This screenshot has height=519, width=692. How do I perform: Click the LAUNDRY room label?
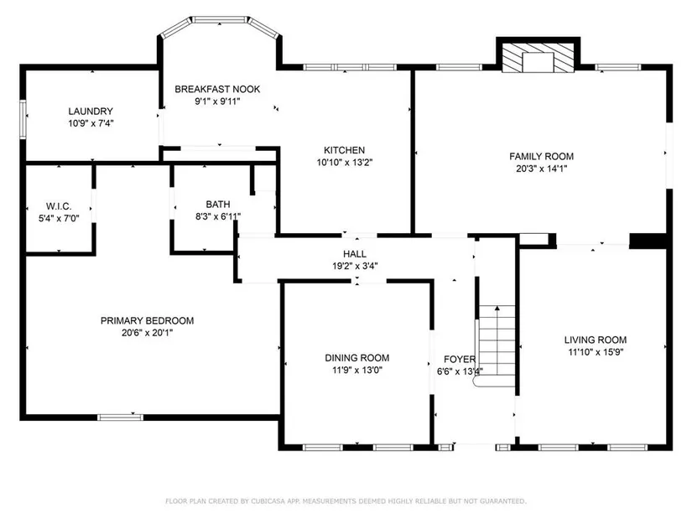click(x=91, y=112)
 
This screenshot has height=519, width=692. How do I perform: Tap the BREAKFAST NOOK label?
click(x=217, y=89)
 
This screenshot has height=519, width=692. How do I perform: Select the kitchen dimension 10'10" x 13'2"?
click(x=344, y=163)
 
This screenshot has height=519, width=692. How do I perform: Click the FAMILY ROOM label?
click(x=541, y=156)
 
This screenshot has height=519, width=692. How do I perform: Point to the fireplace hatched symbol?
click(x=538, y=57)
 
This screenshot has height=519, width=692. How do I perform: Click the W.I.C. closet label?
click(x=59, y=206)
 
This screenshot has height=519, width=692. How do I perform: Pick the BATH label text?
click(x=218, y=205)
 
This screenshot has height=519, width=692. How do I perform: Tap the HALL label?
click(x=355, y=254)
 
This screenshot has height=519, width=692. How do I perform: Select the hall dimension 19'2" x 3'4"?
click(x=355, y=266)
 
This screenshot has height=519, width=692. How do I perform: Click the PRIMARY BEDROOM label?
click(x=147, y=321)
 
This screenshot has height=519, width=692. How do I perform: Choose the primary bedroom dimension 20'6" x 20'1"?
click(x=147, y=333)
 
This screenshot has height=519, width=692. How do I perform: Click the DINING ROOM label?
click(x=357, y=358)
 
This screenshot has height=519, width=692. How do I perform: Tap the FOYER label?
click(x=460, y=359)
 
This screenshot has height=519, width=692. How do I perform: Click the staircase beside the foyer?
click(x=497, y=345)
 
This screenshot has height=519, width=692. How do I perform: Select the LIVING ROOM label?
click(x=596, y=340)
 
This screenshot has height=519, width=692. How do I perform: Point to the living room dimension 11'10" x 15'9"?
click(x=596, y=352)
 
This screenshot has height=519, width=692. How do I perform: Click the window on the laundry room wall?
click(x=23, y=120)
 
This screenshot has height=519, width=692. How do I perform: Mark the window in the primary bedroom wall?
click(x=121, y=417)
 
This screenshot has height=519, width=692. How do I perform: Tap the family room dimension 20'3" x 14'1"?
click(x=542, y=169)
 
